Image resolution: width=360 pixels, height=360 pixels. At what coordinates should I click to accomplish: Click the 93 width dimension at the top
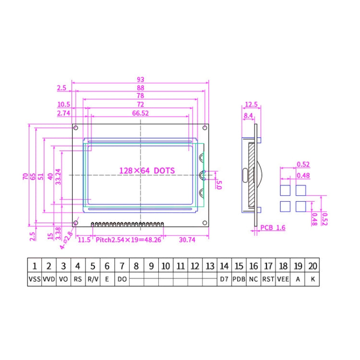[140, 79]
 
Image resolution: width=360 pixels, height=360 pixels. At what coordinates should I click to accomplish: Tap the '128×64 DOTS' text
[147, 170]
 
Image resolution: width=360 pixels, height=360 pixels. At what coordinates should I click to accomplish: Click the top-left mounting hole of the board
[76, 128]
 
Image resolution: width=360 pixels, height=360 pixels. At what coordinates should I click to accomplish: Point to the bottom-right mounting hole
[205, 222]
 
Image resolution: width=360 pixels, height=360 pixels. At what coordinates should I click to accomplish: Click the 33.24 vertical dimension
[58, 177]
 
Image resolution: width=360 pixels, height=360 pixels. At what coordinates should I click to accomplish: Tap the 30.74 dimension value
[187, 240]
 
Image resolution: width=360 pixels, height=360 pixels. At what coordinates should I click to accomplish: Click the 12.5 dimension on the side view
[251, 105]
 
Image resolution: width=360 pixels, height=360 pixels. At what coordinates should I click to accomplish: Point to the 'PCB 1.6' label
[273, 228]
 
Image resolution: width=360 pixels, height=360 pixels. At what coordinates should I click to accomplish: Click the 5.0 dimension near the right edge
[219, 184]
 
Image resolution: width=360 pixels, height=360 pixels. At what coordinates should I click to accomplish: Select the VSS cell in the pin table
[35, 279]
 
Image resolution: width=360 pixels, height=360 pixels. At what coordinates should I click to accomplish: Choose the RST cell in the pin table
[268, 279]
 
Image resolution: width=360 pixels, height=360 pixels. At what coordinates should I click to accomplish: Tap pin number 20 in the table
[312, 265]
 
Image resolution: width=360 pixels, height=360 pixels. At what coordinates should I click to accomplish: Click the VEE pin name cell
[283, 279]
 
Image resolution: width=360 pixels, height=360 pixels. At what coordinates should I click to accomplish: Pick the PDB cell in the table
[239, 279]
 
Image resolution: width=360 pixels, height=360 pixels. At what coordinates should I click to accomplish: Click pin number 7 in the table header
[122, 265]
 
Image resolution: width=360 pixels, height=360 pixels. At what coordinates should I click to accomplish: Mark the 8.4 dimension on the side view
[248, 116]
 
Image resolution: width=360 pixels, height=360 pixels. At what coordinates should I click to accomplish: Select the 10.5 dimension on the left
[64, 105]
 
